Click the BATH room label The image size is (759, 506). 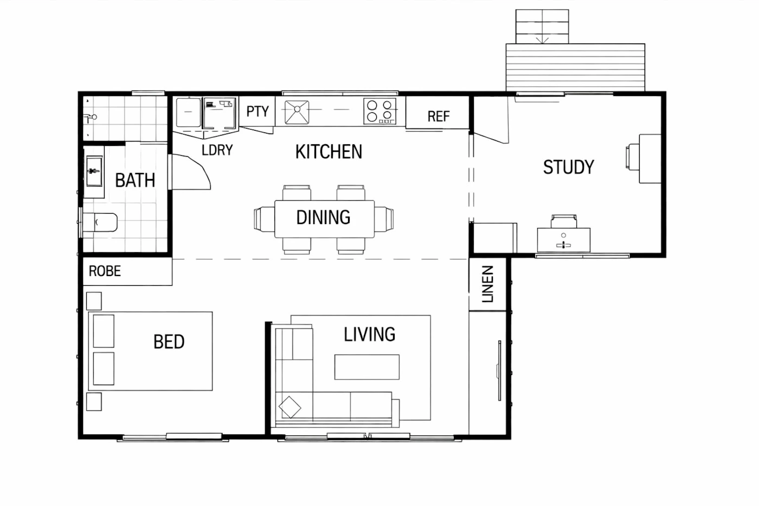(135, 180)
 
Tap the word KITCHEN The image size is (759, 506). (329, 151)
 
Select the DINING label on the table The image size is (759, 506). (323, 217)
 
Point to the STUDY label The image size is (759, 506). (569, 167)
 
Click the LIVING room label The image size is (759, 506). (369, 334)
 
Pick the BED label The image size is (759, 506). (169, 342)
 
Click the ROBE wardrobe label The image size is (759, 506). (105, 271)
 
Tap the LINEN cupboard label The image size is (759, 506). (487, 284)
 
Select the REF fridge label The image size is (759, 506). (439, 117)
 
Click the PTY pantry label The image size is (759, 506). (258, 111)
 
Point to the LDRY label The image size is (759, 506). (217, 150)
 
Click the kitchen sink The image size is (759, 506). (297, 112)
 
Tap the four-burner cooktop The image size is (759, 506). (380, 111)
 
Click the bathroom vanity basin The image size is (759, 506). (94, 171)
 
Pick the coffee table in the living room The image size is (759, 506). (367, 367)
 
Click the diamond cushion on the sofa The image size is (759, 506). (290, 407)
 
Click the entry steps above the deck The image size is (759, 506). (542, 27)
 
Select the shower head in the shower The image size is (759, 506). (91, 117)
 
